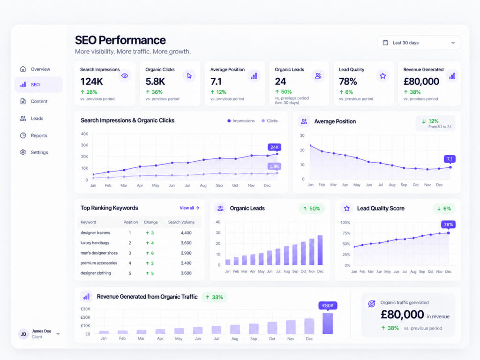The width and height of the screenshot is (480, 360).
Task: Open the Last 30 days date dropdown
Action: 419,43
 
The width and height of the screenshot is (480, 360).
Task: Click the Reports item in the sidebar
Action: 39,135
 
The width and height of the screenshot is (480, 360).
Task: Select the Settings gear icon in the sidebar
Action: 23,152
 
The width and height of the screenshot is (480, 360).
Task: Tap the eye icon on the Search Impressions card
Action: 125,75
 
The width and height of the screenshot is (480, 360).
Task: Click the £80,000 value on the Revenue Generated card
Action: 421,82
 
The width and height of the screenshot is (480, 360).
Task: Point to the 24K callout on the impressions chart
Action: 274,147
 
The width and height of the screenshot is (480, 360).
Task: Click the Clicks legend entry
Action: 270,121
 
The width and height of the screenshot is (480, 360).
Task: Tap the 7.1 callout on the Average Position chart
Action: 450,159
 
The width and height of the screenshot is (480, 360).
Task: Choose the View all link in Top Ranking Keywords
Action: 189,208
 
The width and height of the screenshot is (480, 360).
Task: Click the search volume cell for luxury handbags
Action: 186,243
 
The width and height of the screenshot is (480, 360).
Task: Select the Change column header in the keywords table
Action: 151,222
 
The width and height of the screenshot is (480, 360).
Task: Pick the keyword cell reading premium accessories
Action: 99,263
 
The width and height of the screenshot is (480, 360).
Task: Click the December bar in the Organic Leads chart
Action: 320,250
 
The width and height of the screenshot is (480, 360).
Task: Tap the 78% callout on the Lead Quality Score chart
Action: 448,225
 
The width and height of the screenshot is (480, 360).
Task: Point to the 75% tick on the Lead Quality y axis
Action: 346,233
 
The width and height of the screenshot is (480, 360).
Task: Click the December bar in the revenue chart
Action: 328,323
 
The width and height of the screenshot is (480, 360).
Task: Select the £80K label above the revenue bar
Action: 328,306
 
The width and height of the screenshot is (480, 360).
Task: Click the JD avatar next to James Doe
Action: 23,334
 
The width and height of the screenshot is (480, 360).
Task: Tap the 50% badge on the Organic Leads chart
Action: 312,209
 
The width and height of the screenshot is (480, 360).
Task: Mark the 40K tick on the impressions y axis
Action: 84,134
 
